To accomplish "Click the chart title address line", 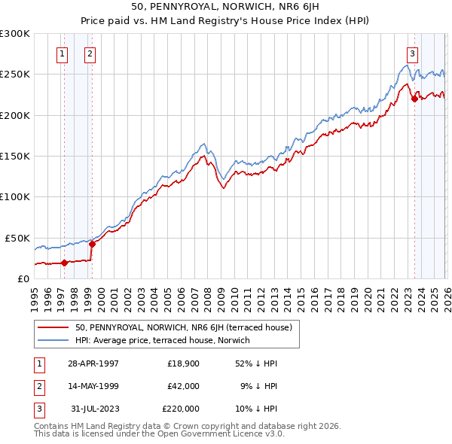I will [x=225, y=8].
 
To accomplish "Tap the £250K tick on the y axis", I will [x=15, y=75].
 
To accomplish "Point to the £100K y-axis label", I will [x=15, y=196].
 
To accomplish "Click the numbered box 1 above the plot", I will [x=61, y=53].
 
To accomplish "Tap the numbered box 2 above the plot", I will [x=90, y=53].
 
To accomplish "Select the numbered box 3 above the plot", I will [x=413, y=53].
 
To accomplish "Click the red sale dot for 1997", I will [x=65, y=263].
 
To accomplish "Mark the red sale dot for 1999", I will [x=92, y=244].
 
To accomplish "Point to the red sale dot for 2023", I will [x=414, y=99].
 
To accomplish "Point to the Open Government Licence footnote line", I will [x=159, y=434].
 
